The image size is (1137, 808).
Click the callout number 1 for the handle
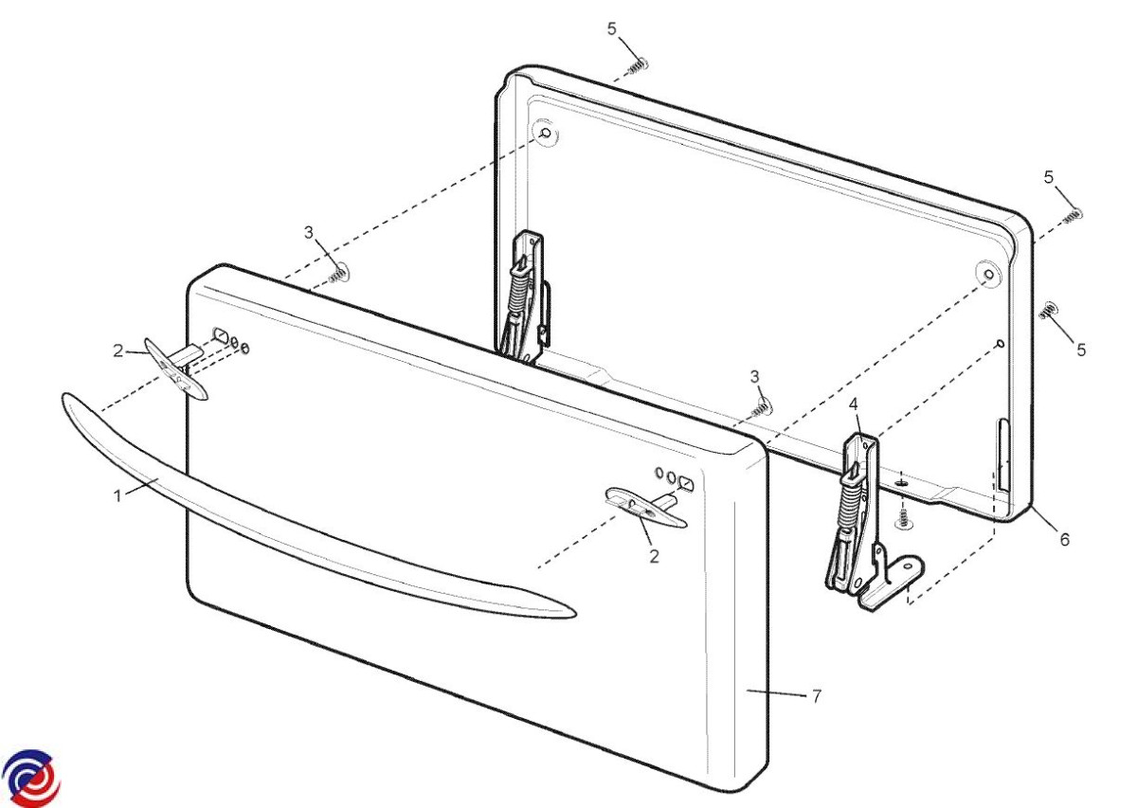(117, 495)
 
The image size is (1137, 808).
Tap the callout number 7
(816, 696)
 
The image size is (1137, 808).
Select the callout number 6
(1065, 540)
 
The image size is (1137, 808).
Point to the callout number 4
(854, 404)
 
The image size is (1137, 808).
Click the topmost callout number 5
(612, 29)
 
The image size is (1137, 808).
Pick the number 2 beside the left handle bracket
(117, 350)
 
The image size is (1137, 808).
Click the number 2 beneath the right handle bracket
(655, 556)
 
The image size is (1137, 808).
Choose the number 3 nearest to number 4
(755, 377)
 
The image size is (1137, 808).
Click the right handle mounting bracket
(645, 507)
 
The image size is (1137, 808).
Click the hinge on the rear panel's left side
(523, 299)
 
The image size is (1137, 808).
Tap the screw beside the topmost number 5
(639, 66)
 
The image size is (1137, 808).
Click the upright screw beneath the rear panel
(902, 519)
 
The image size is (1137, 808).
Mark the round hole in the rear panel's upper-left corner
(546, 134)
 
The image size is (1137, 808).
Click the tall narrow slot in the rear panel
(1003, 456)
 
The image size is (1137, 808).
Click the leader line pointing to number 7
(776, 692)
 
